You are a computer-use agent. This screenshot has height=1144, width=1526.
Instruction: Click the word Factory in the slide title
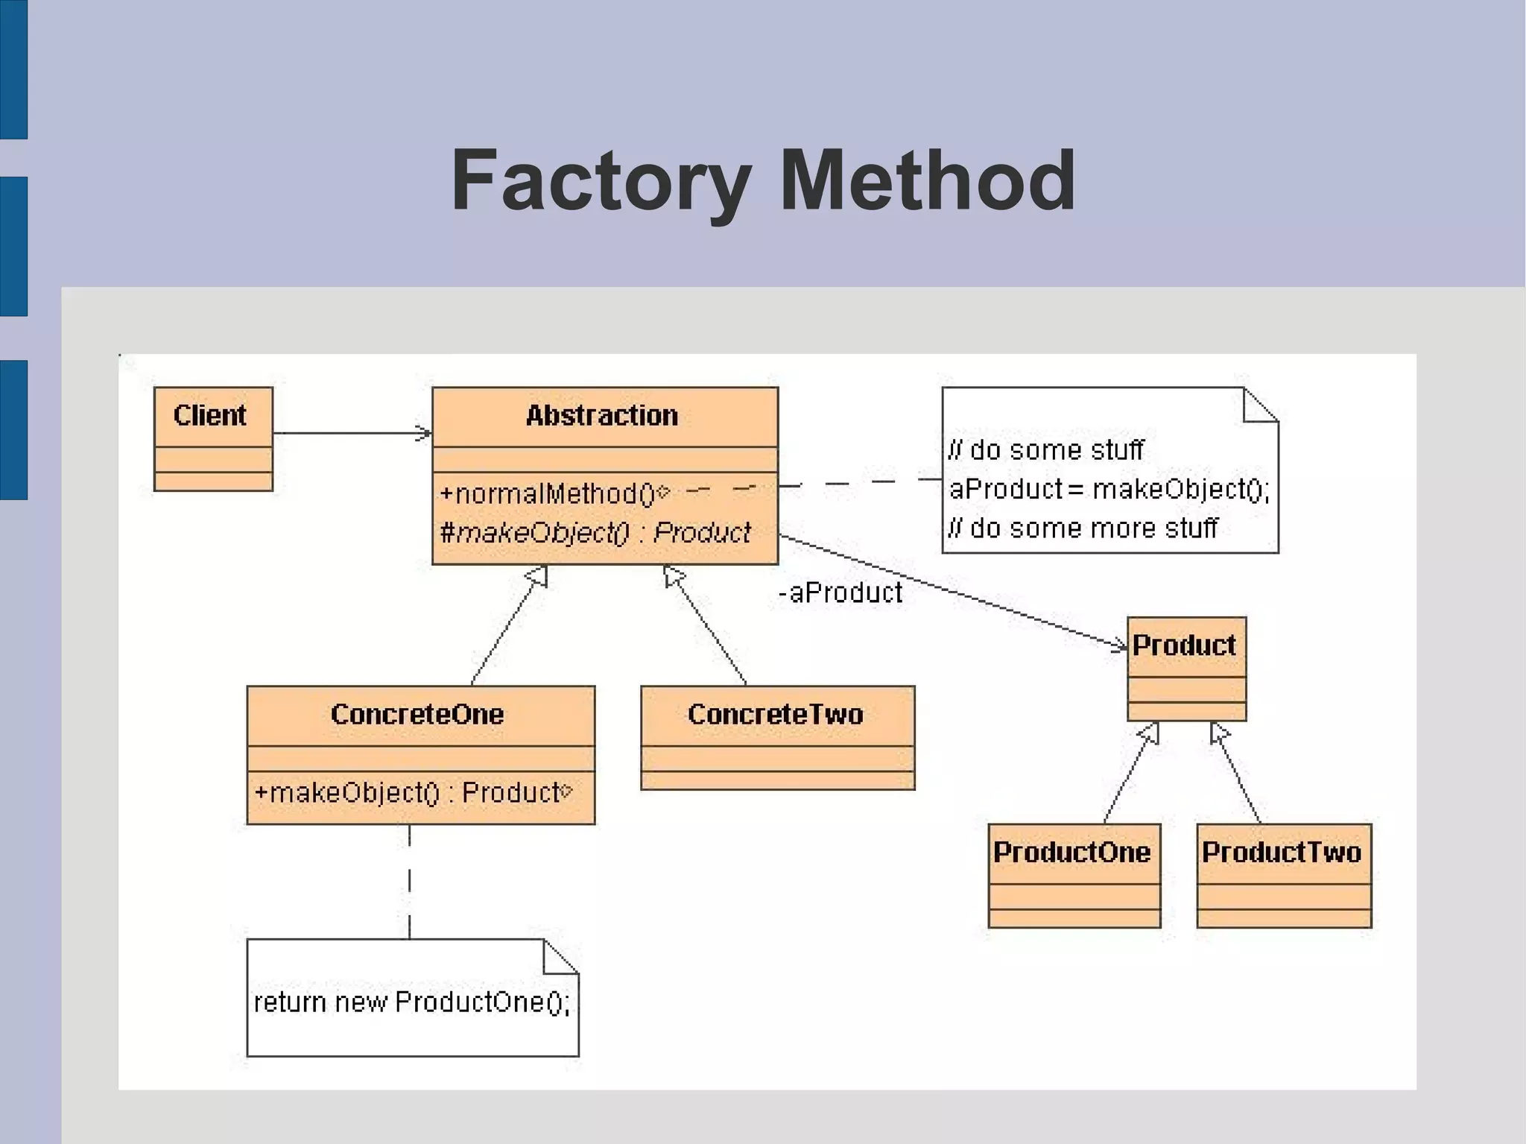(x=601, y=181)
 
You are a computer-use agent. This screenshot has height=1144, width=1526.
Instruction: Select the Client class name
(x=209, y=415)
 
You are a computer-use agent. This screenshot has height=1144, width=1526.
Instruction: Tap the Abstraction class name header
(x=602, y=415)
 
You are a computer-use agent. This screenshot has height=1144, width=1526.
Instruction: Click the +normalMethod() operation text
(x=547, y=493)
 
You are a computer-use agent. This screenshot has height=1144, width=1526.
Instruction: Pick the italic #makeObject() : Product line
(x=595, y=532)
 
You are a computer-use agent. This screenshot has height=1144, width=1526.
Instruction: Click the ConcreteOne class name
(x=417, y=714)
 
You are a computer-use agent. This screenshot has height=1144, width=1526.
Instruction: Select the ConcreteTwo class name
(x=775, y=714)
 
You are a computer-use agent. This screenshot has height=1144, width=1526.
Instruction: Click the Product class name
(x=1184, y=645)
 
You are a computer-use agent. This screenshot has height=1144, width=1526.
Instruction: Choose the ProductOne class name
(x=1071, y=852)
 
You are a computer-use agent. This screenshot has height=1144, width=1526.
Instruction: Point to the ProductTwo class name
(x=1282, y=852)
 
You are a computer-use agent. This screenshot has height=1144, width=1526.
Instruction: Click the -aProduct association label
(x=840, y=592)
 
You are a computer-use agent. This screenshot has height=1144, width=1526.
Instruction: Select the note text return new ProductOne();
(x=411, y=1002)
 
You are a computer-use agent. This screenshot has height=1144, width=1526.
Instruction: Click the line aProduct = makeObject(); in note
(x=1109, y=489)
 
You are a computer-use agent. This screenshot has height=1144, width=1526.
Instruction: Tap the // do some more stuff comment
(x=1083, y=528)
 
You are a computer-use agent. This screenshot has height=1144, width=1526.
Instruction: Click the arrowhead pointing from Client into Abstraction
(x=425, y=433)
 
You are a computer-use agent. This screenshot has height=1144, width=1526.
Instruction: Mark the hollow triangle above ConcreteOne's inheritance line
(x=538, y=575)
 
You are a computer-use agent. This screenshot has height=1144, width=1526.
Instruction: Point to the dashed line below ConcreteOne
(x=409, y=883)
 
